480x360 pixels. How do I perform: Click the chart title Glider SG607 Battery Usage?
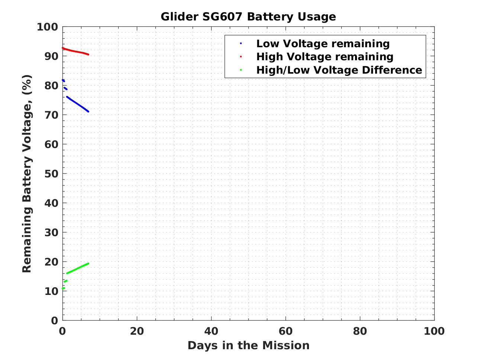point(248,17)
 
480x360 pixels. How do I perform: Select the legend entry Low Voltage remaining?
point(323,44)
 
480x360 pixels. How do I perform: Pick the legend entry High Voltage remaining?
point(325,57)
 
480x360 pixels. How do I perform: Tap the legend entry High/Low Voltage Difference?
point(339,70)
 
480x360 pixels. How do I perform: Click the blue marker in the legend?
point(241,44)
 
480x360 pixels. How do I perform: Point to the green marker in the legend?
point(241,70)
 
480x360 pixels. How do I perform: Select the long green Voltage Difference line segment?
point(78,268)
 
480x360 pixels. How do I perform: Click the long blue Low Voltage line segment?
point(78,104)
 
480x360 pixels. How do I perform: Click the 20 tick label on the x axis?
point(137,331)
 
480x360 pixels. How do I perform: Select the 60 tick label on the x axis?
point(286,331)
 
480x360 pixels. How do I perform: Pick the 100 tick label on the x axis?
point(434,331)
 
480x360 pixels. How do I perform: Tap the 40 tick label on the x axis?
point(211,331)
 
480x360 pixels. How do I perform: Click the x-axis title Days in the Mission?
point(248,345)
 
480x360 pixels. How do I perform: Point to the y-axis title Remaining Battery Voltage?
point(27,174)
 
